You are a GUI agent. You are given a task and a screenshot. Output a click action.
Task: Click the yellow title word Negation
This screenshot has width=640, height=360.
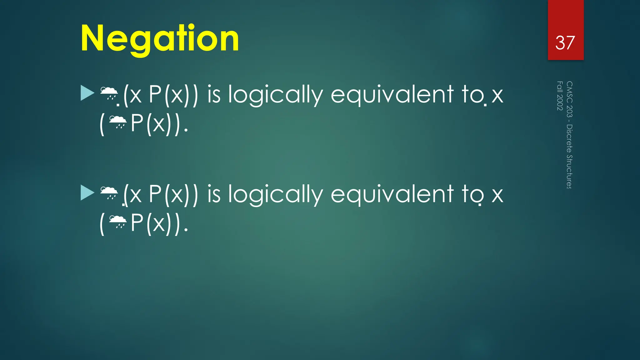[x=160, y=39]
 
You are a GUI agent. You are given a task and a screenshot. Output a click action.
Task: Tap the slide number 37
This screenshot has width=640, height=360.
[x=565, y=43]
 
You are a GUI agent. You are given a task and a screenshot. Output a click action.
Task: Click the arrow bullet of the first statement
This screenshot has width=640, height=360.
[x=87, y=93]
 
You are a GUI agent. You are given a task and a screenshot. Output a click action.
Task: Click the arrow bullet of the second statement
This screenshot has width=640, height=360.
[x=87, y=192]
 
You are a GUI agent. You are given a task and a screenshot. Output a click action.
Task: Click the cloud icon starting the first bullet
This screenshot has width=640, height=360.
[x=109, y=93]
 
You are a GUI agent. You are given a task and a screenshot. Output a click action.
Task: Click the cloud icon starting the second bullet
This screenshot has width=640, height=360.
[x=109, y=192]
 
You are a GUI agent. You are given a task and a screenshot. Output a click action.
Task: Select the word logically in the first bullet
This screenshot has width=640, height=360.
[x=275, y=94]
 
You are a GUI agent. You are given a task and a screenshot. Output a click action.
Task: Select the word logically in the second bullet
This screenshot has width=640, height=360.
[x=275, y=194]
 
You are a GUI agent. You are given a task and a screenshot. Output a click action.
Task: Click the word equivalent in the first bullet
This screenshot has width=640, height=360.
[x=392, y=94]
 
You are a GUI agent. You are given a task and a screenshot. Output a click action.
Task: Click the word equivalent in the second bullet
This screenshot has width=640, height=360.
[x=392, y=194]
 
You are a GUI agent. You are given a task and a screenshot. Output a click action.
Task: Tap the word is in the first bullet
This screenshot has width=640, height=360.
[x=214, y=94]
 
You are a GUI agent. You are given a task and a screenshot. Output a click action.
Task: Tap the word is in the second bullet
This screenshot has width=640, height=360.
[x=214, y=194]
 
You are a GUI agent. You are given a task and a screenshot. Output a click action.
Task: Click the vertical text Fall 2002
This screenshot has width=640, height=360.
[x=560, y=96]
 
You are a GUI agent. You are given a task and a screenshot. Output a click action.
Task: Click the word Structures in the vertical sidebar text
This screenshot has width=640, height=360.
[x=569, y=172]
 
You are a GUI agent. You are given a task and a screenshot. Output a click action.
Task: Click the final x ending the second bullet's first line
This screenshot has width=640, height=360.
[x=497, y=195]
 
